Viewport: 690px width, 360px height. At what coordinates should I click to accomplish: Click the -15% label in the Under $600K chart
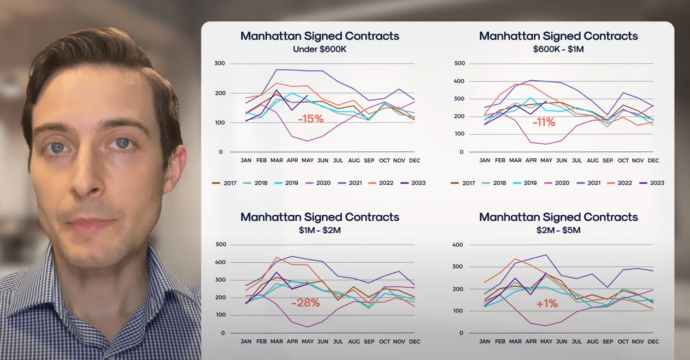[310, 118]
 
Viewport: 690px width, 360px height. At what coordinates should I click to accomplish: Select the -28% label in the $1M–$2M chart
[305, 302]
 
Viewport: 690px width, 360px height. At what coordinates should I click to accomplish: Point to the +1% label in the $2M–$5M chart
[547, 303]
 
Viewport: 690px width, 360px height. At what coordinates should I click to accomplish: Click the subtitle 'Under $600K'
[320, 49]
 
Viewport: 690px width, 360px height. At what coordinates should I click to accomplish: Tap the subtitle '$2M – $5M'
[558, 230]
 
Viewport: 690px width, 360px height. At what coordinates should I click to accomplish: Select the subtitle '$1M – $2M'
[320, 230]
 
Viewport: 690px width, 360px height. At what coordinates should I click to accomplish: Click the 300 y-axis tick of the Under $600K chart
[219, 63]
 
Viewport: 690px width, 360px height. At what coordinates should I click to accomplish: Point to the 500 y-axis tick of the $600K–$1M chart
[459, 63]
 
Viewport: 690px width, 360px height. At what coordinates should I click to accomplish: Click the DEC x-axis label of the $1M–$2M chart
[415, 341]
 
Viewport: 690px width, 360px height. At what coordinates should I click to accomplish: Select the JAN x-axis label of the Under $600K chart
[246, 161]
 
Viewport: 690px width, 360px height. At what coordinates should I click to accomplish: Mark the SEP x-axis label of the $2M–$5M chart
[608, 341]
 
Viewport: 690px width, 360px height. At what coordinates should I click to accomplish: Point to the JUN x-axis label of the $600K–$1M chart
[561, 161]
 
